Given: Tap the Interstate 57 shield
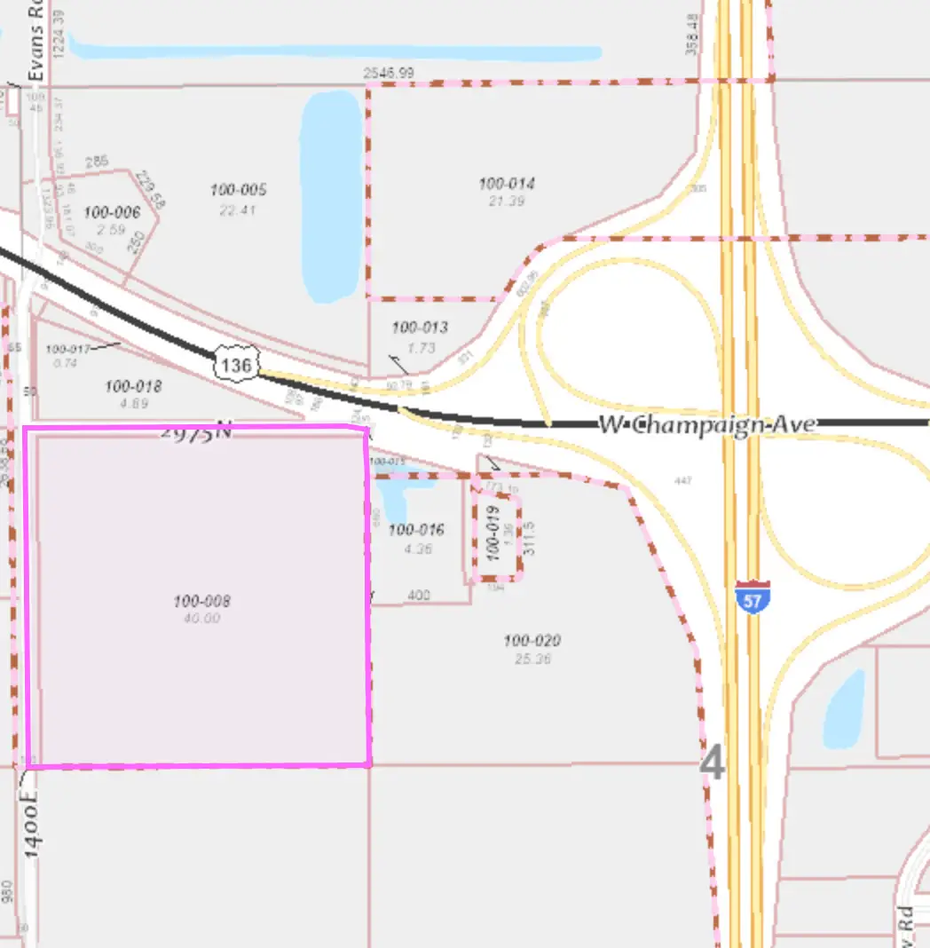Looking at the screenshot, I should [752, 596].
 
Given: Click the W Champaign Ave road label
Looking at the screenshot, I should [706, 424].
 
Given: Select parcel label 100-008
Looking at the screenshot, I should [201, 602].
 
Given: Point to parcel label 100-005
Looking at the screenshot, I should [238, 190].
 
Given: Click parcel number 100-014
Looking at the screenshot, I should [507, 184].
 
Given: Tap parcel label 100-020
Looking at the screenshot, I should [532, 641].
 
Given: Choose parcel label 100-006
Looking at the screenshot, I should [112, 212].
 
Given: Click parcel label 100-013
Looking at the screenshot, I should [420, 328].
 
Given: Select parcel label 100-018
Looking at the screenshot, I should [133, 386].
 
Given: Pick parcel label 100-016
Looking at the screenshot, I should [416, 530].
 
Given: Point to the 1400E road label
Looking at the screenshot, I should [33, 826].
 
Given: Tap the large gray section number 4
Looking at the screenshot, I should [713, 763].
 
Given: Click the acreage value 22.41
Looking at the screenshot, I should [237, 209].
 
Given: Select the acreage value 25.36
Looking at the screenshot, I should [532, 660].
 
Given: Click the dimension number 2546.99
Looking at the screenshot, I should [389, 73].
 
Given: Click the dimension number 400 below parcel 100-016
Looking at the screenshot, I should [418, 595].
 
